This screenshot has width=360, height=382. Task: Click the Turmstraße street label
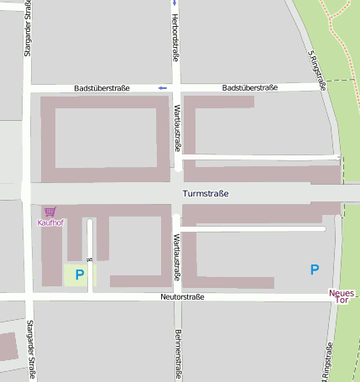click(205, 194)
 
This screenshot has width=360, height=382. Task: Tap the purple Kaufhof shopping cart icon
click(50, 212)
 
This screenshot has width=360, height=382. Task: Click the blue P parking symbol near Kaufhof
click(80, 275)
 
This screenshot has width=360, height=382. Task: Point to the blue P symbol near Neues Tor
click(315, 269)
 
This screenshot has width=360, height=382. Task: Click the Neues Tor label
click(342, 296)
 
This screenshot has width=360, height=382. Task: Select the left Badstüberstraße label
click(102, 87)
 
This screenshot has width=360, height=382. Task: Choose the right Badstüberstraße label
click(250, 87)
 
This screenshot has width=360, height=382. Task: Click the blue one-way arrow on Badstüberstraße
click(163, 87)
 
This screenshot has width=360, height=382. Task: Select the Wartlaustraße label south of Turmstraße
click(177, 257)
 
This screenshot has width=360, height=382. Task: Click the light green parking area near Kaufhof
click(81, 275)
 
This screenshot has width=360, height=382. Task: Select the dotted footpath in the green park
click(339, 25)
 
